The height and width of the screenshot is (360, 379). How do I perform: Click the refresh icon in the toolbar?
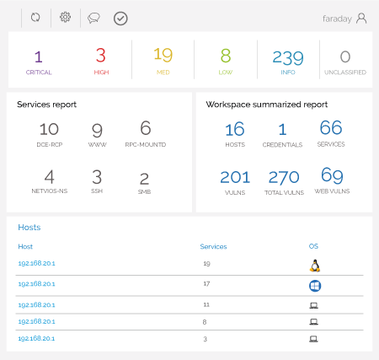coord(35,17)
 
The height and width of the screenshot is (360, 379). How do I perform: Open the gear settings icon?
coord(65,17)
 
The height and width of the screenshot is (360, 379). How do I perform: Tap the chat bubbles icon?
coord(93,18)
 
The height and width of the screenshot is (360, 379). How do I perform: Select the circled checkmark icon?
coord(120,18)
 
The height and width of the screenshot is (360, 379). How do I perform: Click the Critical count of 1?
coord(38,57)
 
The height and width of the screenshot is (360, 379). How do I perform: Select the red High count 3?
coord(101,56)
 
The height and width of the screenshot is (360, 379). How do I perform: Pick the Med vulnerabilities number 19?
coord(163,56)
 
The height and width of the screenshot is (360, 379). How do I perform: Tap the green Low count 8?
coord(226,56)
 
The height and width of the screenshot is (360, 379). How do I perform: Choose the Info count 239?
coord(287,57)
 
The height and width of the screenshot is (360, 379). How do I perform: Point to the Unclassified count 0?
coord(344,57)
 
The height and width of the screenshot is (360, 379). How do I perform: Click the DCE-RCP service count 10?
coord(49,129)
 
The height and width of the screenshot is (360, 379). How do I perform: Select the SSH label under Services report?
coord(97,191)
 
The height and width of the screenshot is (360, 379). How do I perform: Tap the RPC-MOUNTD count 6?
coord(145,128)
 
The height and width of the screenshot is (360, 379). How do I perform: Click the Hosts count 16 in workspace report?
coord(235,129)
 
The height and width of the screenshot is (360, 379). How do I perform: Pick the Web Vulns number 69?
coord(332,176)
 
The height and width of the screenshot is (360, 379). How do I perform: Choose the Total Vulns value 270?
coord(283,177)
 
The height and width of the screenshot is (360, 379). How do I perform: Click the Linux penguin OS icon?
coord(315,265)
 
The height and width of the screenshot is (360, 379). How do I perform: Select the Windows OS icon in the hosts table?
coord(315,286)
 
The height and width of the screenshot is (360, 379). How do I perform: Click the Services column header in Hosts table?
coord(213,247)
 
